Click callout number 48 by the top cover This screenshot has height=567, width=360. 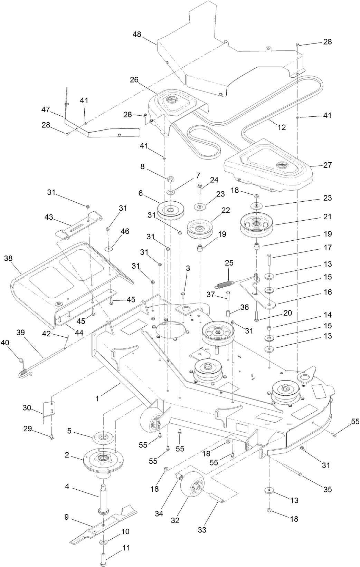[x=137, y=34]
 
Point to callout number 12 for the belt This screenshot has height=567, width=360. [x=282, y=127]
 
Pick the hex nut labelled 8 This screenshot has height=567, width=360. [x=171, y=179]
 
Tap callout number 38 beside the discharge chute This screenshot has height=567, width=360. [x=8, y=258]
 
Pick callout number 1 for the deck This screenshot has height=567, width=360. [x=97, y=399]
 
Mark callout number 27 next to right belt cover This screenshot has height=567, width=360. [x=327, y=165]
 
